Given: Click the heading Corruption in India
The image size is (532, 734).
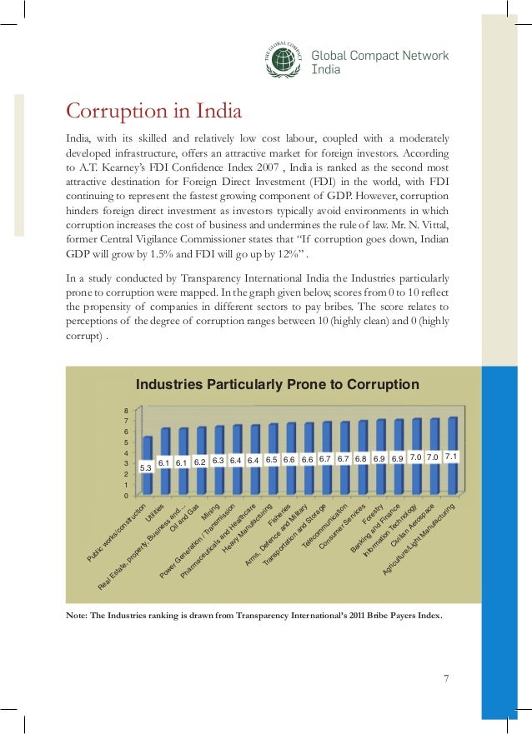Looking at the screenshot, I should [x=153, y=111].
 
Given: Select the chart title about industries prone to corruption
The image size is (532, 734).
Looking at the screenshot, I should [x=277, y=385].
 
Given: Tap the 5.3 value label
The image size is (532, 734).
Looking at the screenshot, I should [x=145, y=468].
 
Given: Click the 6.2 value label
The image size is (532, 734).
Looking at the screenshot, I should [x=199, y=461].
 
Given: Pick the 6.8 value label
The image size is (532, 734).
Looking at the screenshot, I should [x=360, y=458].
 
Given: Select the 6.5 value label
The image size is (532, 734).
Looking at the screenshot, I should [x=272, y=459].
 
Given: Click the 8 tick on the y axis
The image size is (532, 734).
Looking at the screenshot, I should [x=126, y=411].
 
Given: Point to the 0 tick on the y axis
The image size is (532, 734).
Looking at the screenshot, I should [x=126, y=496].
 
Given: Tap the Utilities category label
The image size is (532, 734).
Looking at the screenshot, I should [x=156, y=512].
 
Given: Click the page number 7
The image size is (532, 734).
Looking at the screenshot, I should [x=446, y=678].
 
